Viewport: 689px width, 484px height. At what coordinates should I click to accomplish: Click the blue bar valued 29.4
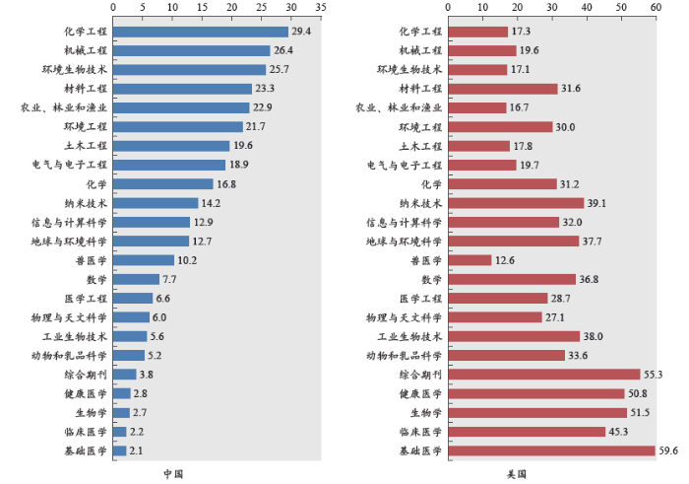pyautogui.click(x=201, y=32)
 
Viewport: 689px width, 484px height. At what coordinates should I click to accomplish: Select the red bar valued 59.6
pyautogui.click(x=551, y=450)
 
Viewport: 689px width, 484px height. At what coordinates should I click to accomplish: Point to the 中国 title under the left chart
pyautogui.click(x=173, y=474)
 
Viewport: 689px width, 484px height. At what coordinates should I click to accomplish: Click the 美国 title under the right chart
pyautogui.click(x=517, y=474)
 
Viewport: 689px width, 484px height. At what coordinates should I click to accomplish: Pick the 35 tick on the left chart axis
pyautogui.click(x=321, y=6)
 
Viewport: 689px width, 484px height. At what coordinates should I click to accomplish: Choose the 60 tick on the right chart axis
pyautogui.click(x=656, y=6)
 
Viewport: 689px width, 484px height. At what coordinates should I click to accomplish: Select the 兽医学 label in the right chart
pyautogui.click(x=424, y=260)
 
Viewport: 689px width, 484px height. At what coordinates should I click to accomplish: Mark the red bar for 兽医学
pyautogui.click(x=470, y=260)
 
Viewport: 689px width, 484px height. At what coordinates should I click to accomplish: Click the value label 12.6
pyautogui.click(x=504, y=260)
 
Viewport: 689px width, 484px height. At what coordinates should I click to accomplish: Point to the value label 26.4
pyautogui.click(x=282, y=50)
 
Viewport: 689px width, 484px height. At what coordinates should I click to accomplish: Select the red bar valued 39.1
pyautogui.click(x=516, y=203)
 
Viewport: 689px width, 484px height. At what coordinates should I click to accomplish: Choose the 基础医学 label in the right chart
pyautogui.click(x=420, y=450)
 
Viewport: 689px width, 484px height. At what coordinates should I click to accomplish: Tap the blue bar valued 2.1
pyautogui.click(x=119, y=450)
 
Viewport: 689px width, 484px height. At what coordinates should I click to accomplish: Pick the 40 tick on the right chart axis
pyautogui.click(x=587, y=6)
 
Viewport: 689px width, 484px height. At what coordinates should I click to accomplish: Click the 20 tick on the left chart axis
pyautogui.click(x=232, y=6)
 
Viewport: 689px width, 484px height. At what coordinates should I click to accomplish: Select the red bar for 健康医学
pyautogui.click(x=536, y=393)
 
